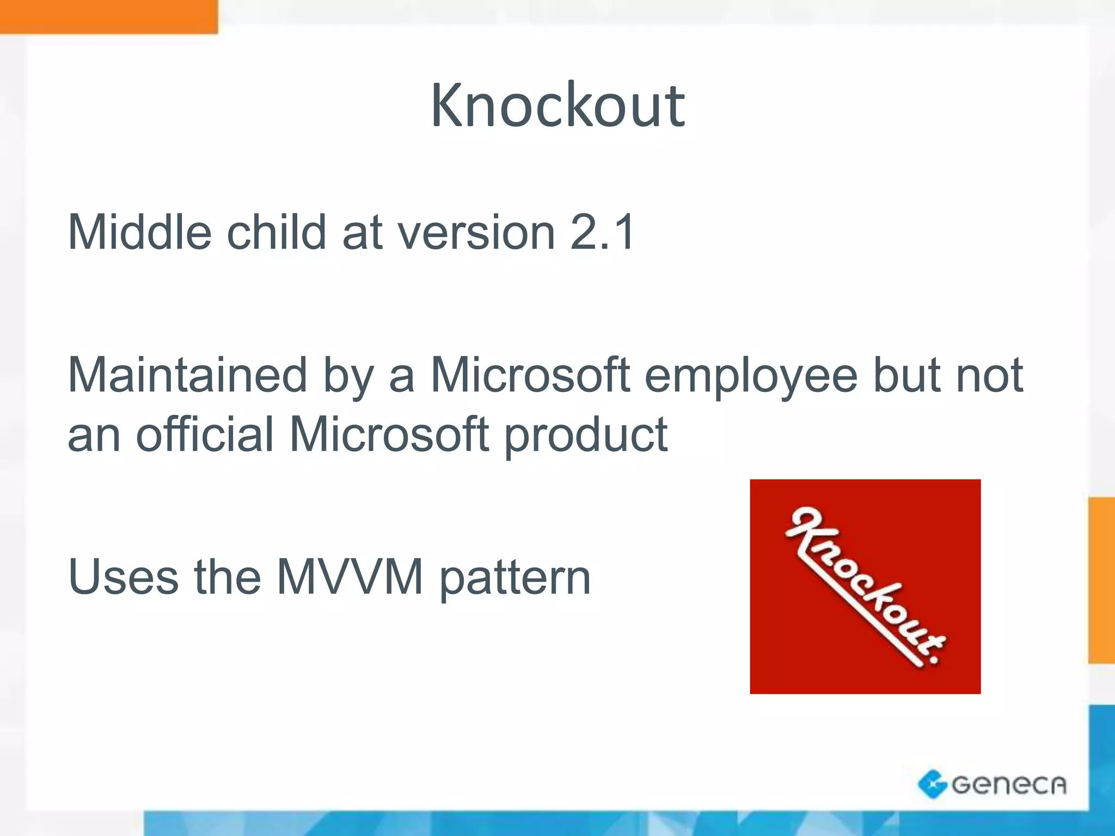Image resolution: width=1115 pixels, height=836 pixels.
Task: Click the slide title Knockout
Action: [x=557, y=106]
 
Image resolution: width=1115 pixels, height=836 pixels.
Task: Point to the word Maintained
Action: [x=188, y=376]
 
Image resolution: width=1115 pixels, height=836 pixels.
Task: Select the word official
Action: [x=204, y=434]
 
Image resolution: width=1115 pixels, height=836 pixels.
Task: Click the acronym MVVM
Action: [x=350, y=577]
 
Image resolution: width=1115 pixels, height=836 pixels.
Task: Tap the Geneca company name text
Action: [x=1008, y=785]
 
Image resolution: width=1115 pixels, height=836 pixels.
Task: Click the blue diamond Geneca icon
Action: [x=933, y=784]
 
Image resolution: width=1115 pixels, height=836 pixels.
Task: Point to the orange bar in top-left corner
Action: [x=109, y=16]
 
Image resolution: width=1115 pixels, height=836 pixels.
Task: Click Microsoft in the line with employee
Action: [x=530, y=376]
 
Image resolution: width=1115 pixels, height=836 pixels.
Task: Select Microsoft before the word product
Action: [x=389, y=434]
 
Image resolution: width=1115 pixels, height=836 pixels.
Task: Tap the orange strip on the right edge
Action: [x=1101, y=580]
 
